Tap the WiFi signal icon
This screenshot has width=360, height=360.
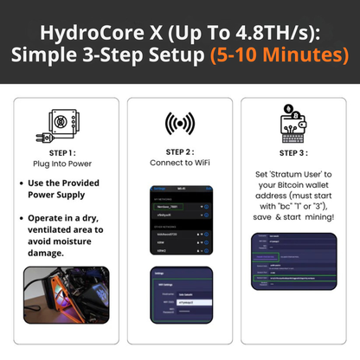179,124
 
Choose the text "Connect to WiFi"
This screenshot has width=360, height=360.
180,164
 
